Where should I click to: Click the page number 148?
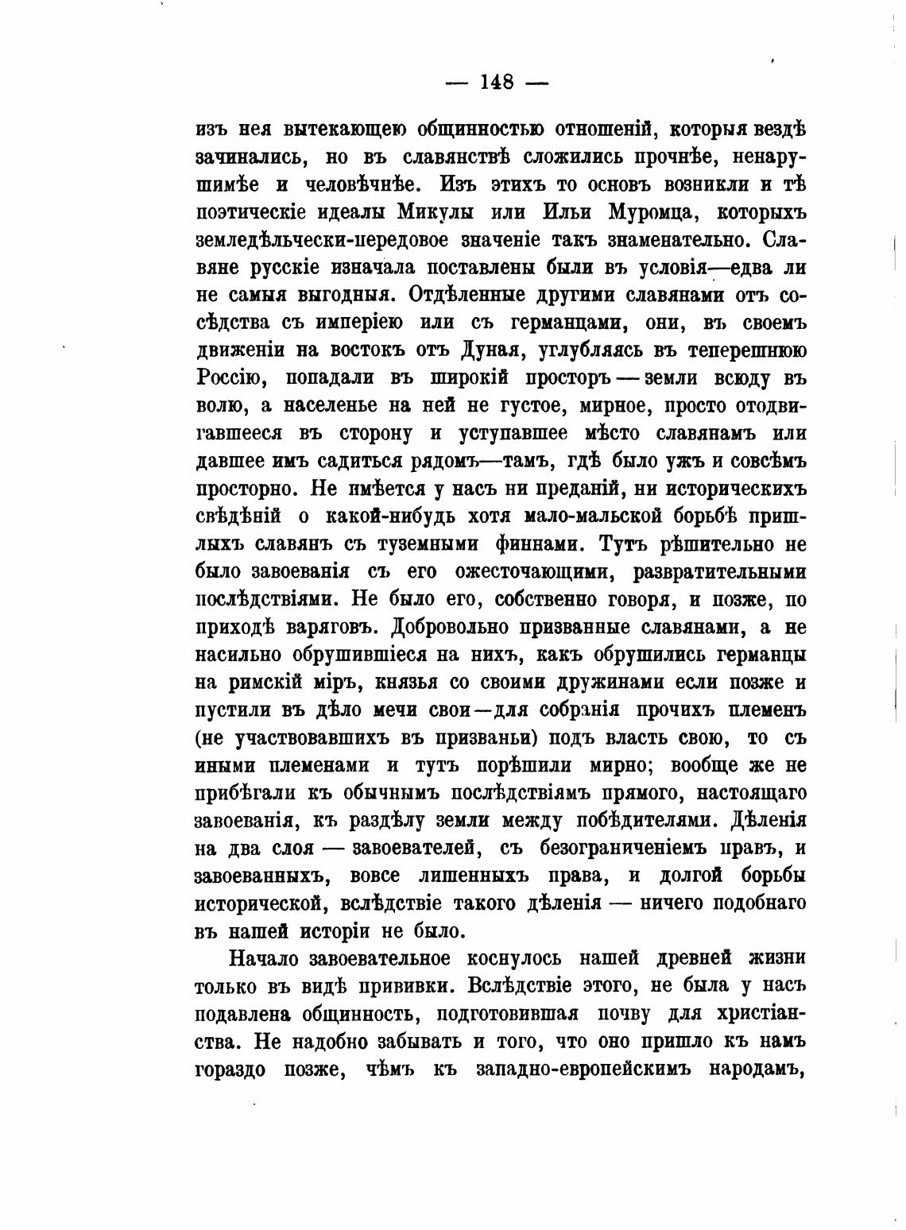click(497, 82)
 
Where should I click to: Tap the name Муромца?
click(659, 212)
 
